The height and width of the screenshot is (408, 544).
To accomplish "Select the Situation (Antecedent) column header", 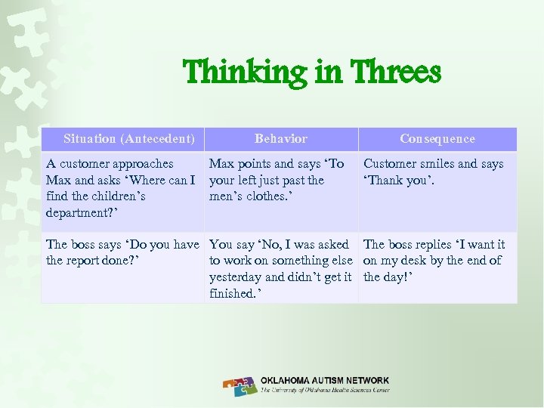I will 129,138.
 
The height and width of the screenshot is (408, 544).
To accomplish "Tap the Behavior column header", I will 281,138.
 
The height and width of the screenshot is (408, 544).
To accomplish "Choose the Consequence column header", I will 437,138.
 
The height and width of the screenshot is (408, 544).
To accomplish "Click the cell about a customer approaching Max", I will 121,188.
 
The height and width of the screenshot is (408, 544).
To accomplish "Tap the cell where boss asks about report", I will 122,252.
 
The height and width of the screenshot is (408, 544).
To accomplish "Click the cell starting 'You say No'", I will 281,268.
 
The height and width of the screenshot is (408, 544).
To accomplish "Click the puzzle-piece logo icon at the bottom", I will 240,386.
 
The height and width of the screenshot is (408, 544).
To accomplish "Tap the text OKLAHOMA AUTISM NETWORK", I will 325,381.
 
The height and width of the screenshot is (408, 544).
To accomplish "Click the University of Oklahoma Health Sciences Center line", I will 325,391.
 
